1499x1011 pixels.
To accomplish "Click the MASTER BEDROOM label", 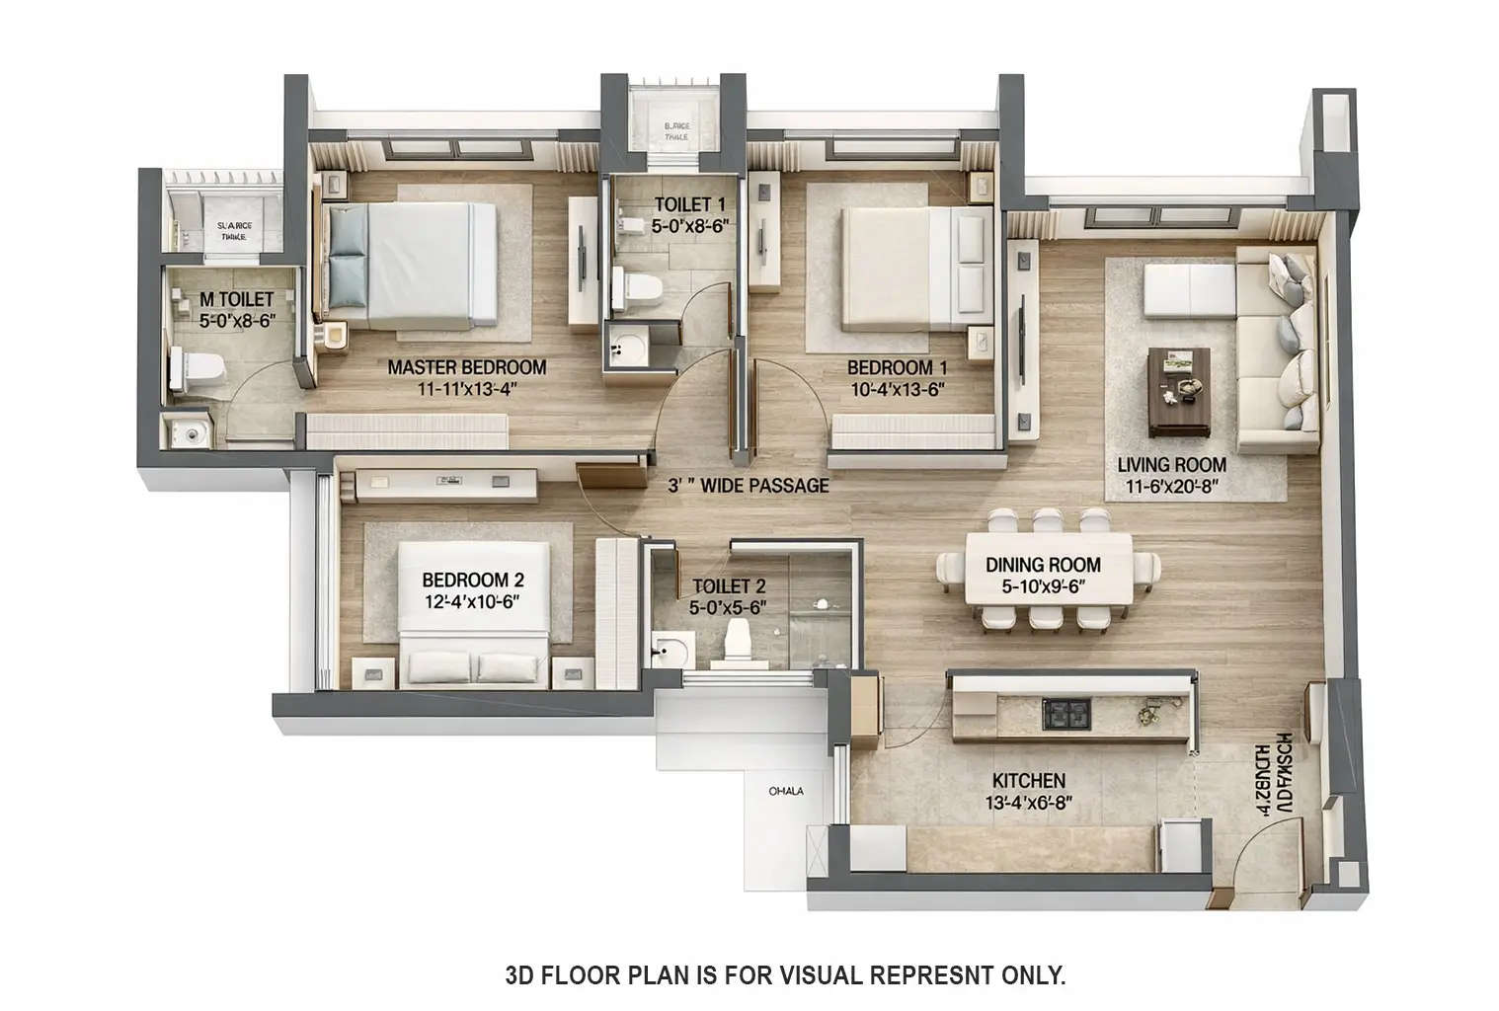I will pos(466,367).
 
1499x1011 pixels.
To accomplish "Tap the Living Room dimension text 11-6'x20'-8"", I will pos(1171,486).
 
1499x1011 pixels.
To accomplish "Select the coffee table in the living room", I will pos(1179,391).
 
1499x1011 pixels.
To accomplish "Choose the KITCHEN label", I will pos(1028,780).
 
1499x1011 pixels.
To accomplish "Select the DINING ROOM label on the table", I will pos(1043,565).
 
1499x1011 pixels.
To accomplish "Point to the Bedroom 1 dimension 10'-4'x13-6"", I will pos(898,389).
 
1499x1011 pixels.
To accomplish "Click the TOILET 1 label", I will pos(690,204).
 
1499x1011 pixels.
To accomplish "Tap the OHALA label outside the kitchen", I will pos(786,791).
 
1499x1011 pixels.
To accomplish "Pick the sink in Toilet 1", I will pos(625,348).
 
